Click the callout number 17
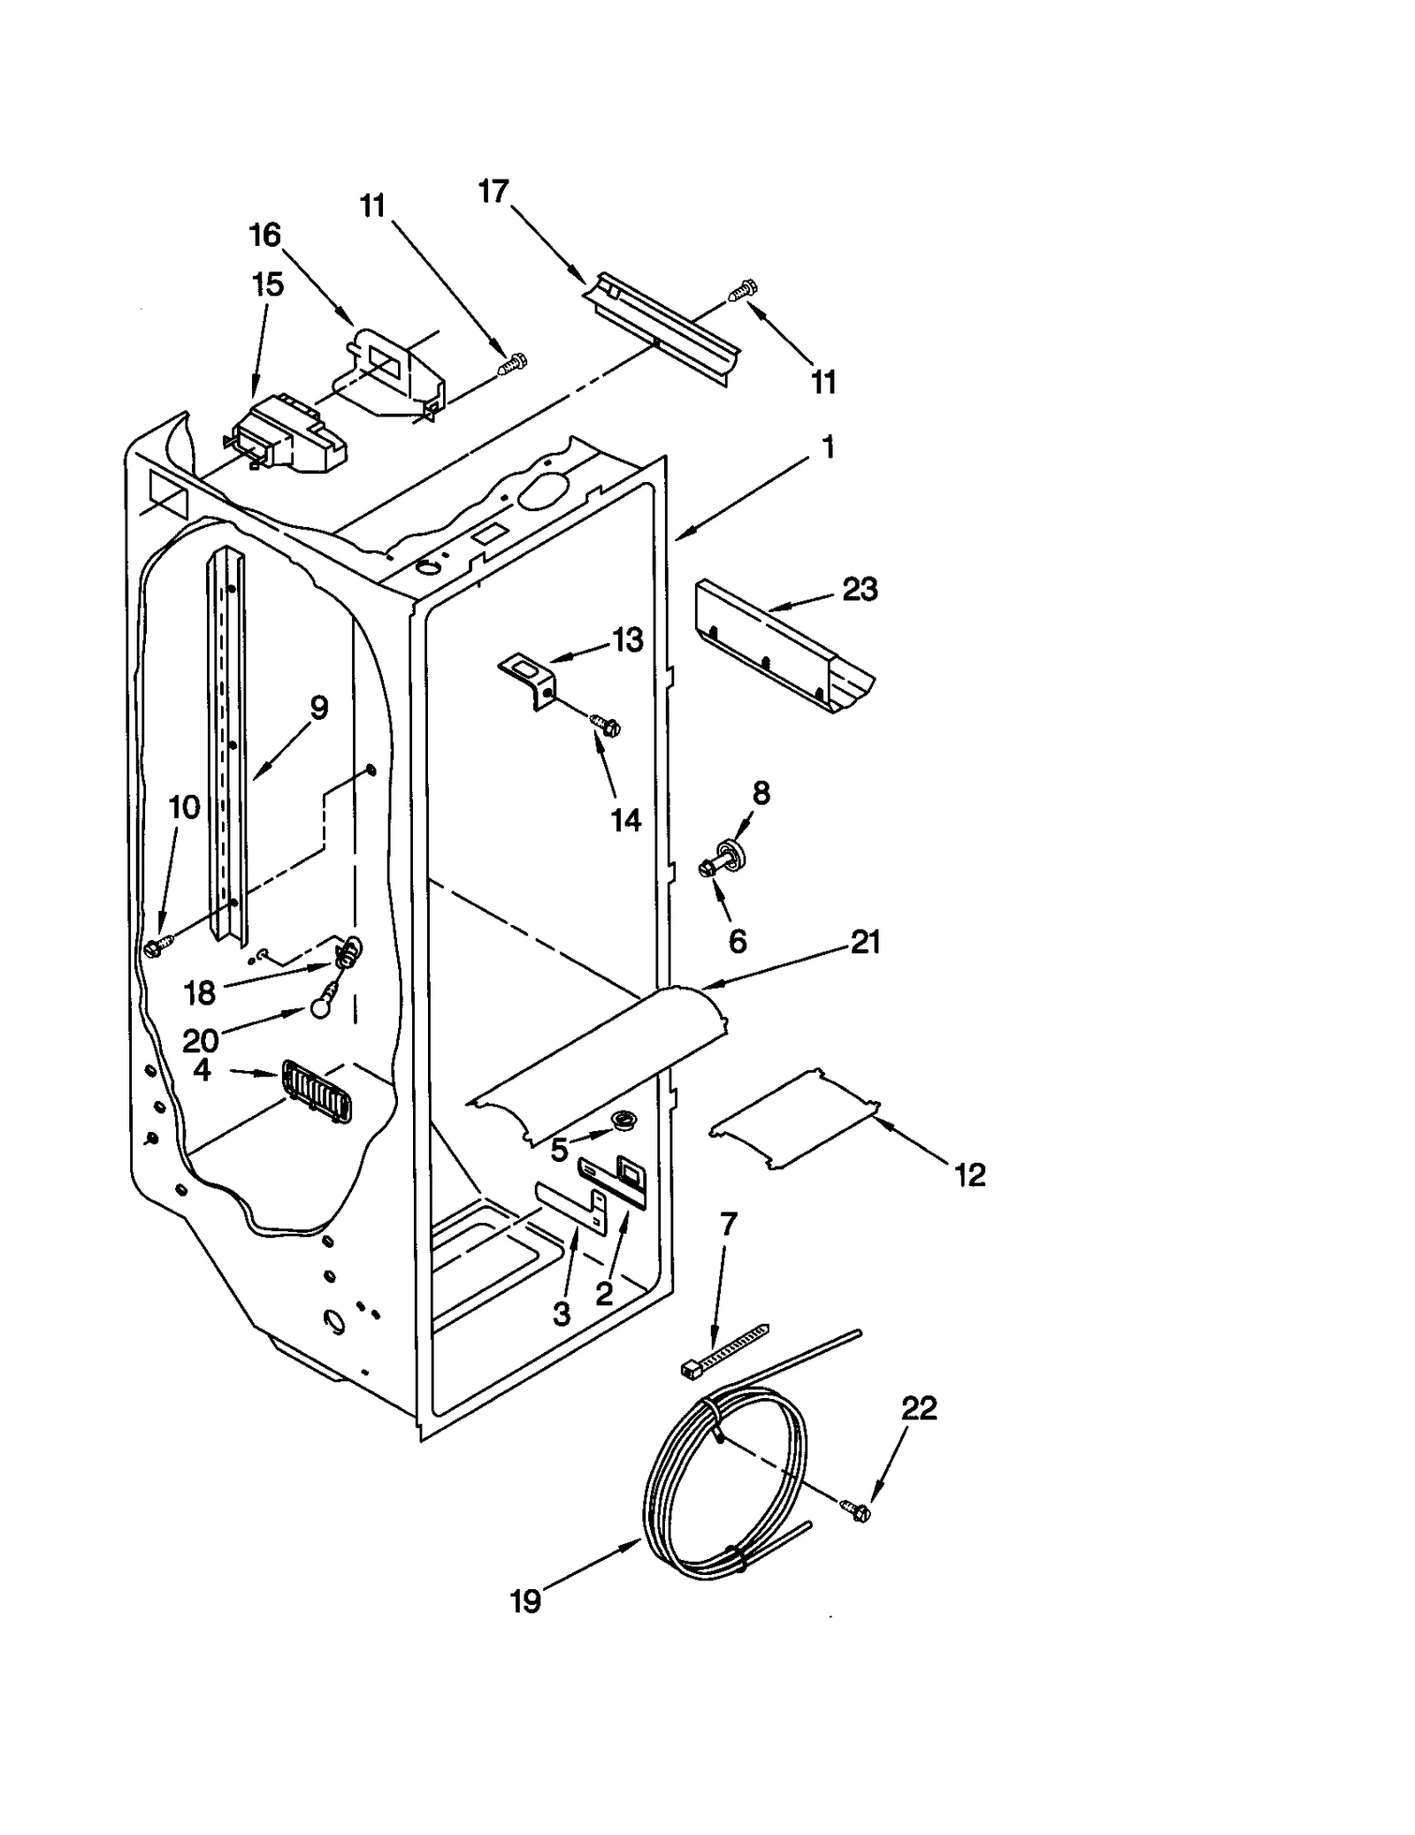[494, 192]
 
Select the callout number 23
[859, 589]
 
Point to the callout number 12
[969, 1175]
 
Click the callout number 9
[318, 707]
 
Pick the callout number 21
[865, 943]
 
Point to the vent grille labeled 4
[317, 1091]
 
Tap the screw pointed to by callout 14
[607, 726]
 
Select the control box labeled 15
[287, 437]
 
